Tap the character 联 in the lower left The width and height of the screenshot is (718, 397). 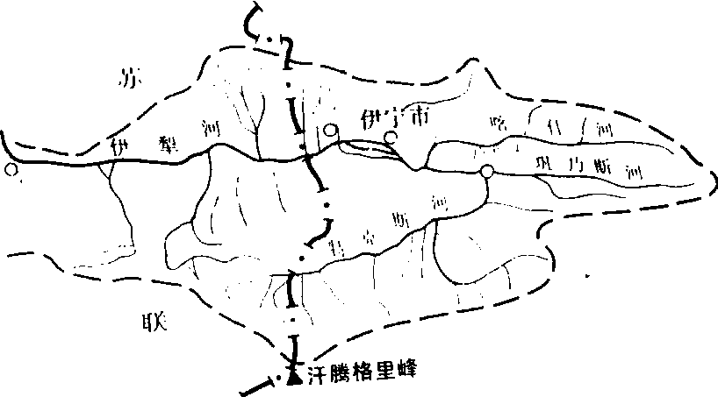click(x=140, y=322)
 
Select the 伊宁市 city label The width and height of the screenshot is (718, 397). click(x=389, y=116)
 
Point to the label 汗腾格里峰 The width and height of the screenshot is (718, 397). click(x=360, y=371)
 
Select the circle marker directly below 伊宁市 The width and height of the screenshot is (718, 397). click(x=391, y=138)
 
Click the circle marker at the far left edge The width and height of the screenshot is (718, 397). click(x=11, y=170)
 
